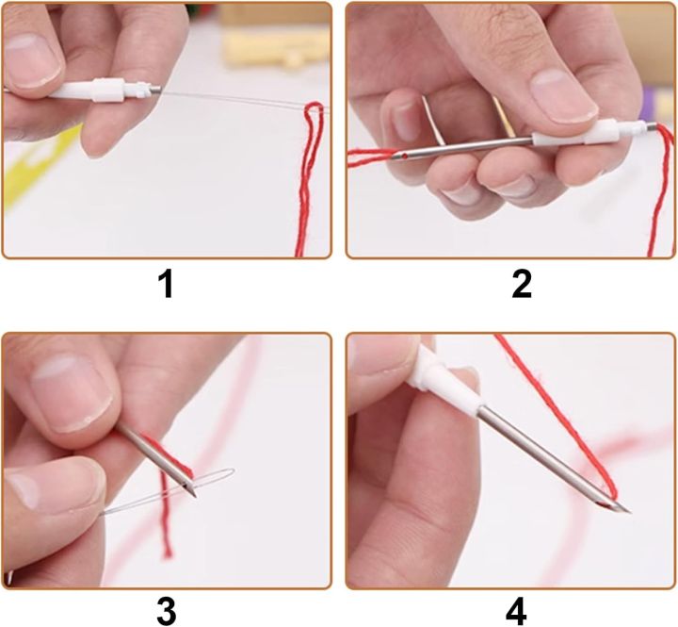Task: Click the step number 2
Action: pyautogui.click(x=522, y=284)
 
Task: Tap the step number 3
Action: pyautogui.click(x=167, y=611)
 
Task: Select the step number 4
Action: pyautogui.click(x=516, y=611)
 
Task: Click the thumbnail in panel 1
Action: pyautogui.click(x=31, y=61)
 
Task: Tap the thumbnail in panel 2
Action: pyautogui.click(x=564, y=95)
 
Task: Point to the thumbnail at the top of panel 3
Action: pyautogui.click(x=73, y=395)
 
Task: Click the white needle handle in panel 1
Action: pyautogui.click(x=99, y=91)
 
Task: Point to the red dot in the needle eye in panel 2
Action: pyautogui.click(x=404, y=155)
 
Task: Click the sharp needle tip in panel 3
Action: pyautogui.click(x=196, y=496)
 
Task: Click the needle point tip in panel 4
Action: pyautogui.click(x=629, y=512)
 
